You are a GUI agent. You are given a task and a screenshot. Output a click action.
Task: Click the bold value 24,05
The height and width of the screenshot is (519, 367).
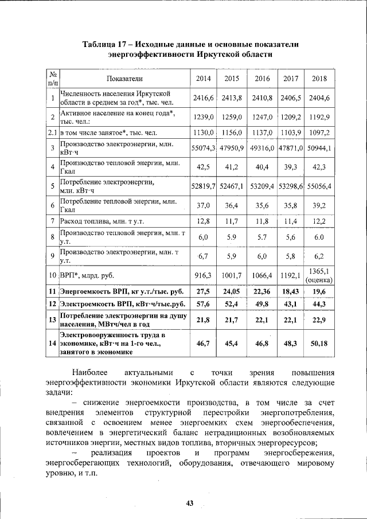[x=232, y=291]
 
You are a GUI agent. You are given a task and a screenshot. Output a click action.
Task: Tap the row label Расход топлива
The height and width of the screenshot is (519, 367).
[x=95, y=221]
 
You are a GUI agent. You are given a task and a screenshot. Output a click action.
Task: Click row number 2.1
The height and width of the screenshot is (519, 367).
[x=52, y=132]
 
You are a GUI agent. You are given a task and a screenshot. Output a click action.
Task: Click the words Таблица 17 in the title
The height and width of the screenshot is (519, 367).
[x=104, y=44]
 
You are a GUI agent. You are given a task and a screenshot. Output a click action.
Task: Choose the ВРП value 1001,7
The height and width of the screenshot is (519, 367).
[x=232, y=275]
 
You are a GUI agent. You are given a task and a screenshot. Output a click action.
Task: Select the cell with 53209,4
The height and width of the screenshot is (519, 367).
[x=261, y=186]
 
